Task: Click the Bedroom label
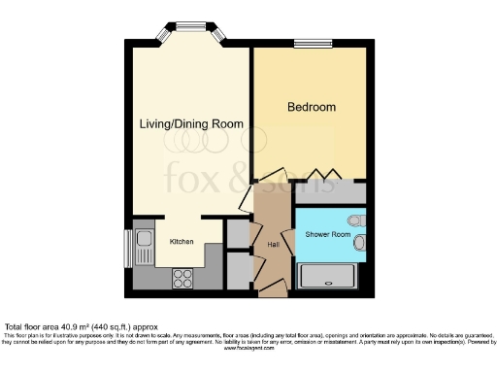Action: (x=311, y=106)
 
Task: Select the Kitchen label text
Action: (x=182, y=240)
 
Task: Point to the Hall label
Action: (x=273, y=246)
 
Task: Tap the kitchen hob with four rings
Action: (x=183, y=279)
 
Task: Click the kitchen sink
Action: (x=144, y=239)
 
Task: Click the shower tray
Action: (x=330, y=279)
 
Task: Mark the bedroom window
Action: (x=313, y=42)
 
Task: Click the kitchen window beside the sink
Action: (x=126, y=248)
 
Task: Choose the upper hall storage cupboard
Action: (x=237, y=234)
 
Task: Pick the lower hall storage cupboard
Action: (x=237, y=269)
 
